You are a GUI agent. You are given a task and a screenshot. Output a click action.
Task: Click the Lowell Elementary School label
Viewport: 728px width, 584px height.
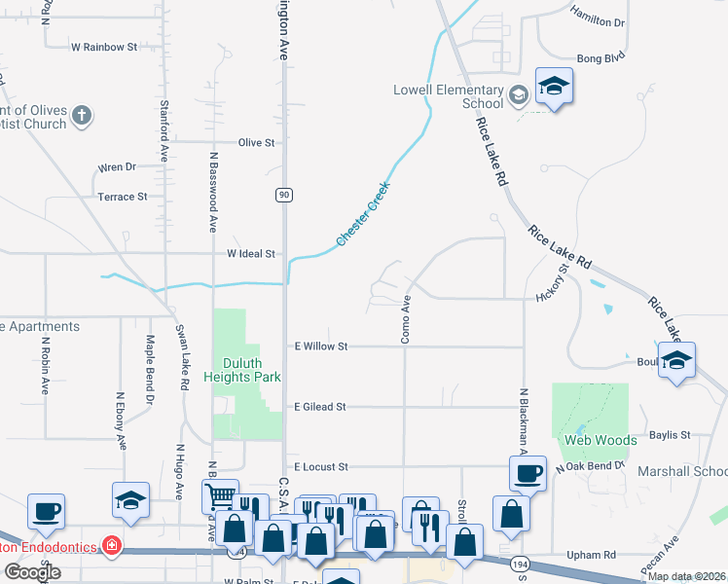[x=448, y=96]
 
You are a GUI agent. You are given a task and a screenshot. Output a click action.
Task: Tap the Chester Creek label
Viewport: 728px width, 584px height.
[x=363, y=213]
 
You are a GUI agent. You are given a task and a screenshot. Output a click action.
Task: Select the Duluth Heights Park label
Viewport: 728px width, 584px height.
[x=241, y=370]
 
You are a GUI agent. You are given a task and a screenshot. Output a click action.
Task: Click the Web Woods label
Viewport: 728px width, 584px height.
[x=600, y=440]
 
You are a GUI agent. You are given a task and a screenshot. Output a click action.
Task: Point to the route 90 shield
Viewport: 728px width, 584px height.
[x=283, y=195]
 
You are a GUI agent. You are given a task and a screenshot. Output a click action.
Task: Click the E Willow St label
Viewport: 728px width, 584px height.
[x=320, y=346]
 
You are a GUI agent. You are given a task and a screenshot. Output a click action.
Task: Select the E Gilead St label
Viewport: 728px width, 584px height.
[x=320, y=407]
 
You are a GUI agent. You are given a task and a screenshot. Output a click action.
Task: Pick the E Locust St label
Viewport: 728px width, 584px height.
[x=320, y=467]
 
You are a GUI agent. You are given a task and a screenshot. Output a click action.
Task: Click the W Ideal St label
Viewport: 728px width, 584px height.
[x=251, y=253]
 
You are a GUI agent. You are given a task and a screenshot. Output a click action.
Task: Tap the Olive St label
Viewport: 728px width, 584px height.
[x=257, y=142]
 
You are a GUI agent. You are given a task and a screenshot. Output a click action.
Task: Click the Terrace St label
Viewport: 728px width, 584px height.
[x=122, y=197]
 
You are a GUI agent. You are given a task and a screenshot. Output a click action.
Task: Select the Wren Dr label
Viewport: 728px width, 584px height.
[x=117, y=167]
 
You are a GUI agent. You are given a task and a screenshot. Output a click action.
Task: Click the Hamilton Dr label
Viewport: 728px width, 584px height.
[x=598, y=21]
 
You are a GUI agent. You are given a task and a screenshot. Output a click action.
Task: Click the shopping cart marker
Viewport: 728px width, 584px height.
[x=220, y=494]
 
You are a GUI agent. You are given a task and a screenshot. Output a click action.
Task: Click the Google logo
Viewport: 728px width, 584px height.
[x=32, y=572]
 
